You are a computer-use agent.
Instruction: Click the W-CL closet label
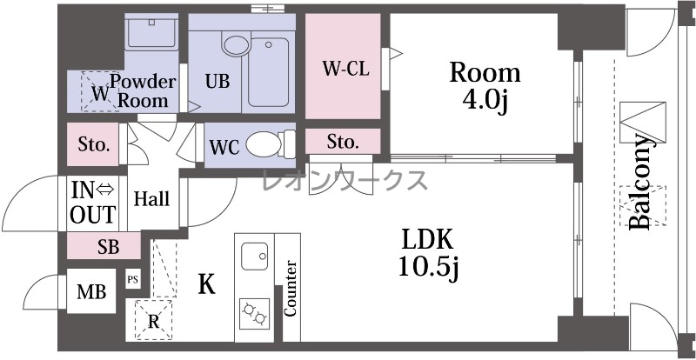[x=345, y=70]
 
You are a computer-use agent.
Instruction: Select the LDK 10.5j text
[x=428, y=254]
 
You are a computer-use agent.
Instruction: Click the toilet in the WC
[x=271, y=144]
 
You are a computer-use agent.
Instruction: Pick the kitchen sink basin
[x=254, y=257]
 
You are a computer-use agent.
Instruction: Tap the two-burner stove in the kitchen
[x=254, y=313]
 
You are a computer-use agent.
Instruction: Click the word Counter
[x=290, y=289]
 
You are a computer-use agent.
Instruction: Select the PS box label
[x=133, y=280]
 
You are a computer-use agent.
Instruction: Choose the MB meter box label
[x=91, y=292]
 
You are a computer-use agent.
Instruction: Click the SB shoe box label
[x=108, y=247]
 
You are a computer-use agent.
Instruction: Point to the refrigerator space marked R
[x=154, y=320]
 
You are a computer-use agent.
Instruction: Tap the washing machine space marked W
[x=100, y=92]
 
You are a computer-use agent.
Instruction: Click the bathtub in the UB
[x=268, y=72]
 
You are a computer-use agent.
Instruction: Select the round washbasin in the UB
[x=236, y=45]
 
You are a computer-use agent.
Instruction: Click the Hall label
[x=151, y=199]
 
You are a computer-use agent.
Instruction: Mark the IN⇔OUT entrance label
[x=93, y=202]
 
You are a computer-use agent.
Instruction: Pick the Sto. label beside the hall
[x=94, y=144]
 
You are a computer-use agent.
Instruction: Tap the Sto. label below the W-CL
[x=343, y=142]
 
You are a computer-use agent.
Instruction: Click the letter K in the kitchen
[x=206, y=284]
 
